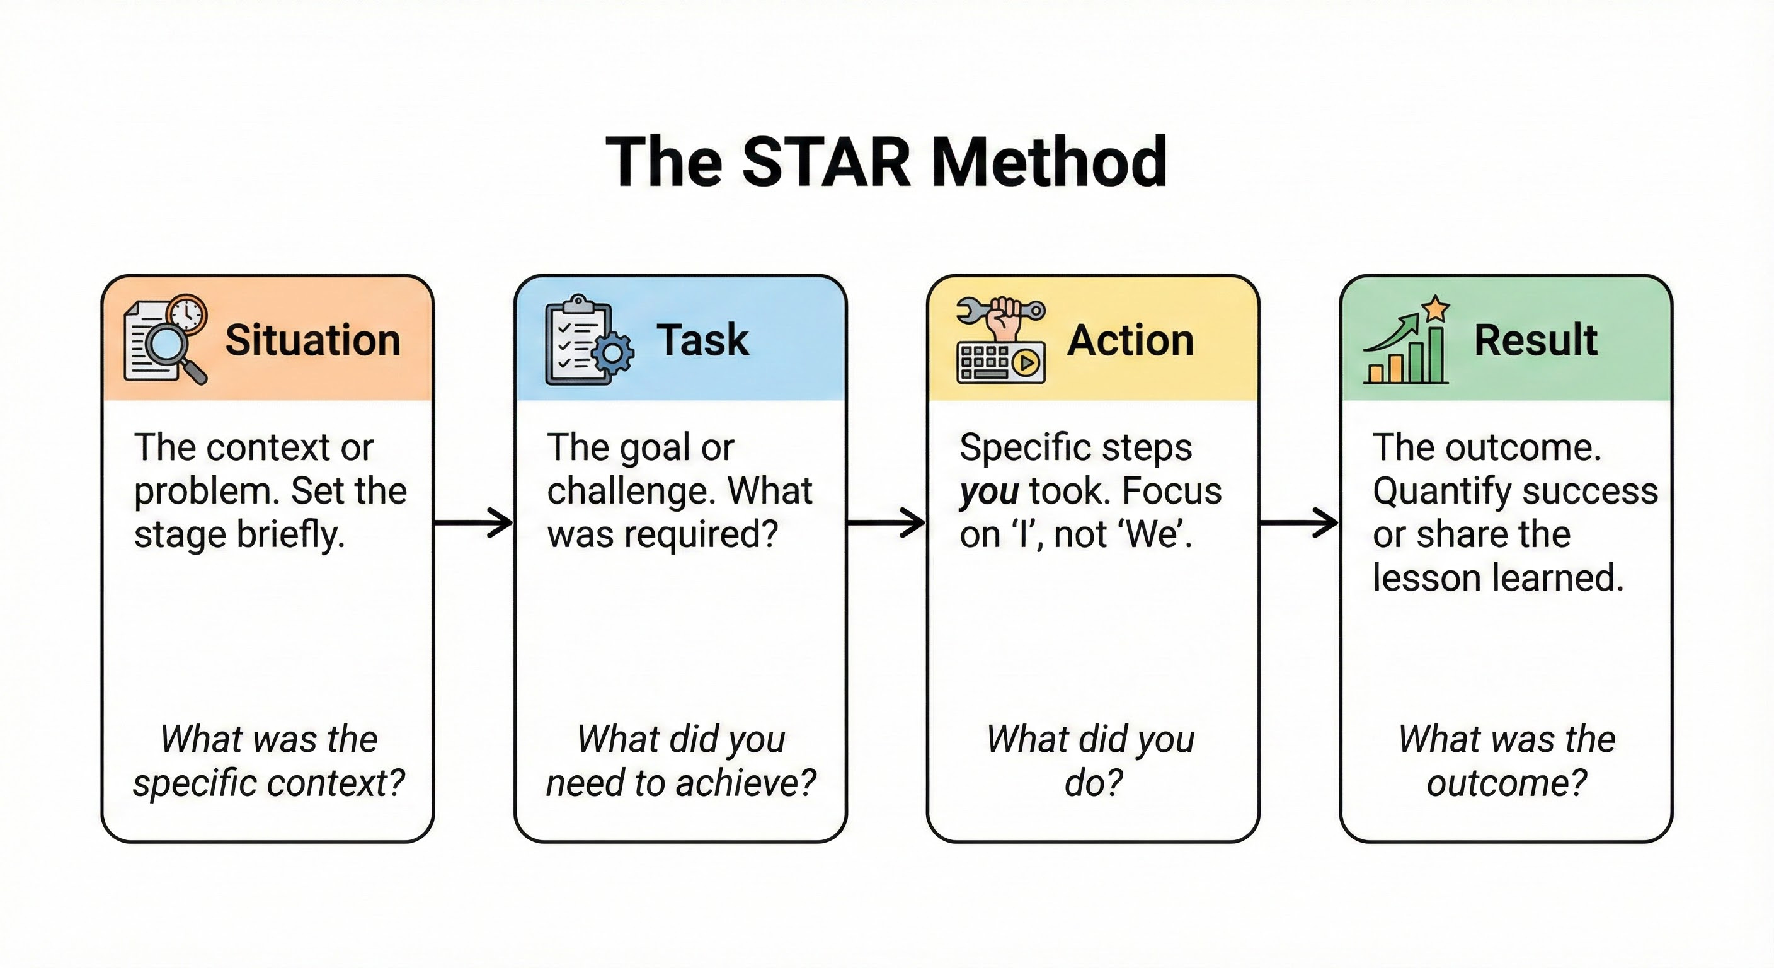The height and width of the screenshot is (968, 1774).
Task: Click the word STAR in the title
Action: point(827,163)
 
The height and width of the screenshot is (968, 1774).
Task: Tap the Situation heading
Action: point(312,340)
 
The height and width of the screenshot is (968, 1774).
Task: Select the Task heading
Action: point(702,340)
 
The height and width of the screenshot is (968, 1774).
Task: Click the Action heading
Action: point(1130,340)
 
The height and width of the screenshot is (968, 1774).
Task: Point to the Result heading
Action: point(1535,340)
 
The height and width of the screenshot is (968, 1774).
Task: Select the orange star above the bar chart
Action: point(1436,309)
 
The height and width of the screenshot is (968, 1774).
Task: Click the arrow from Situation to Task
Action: point(474,523)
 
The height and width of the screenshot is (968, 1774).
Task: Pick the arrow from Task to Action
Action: point(887,523)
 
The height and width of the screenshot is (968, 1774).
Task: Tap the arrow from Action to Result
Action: point(1300,523)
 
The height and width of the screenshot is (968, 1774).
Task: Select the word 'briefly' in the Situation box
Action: point(289,535)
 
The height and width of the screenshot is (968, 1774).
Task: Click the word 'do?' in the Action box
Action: point(1093,783)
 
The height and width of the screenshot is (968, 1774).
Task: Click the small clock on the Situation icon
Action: point(187,315)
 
